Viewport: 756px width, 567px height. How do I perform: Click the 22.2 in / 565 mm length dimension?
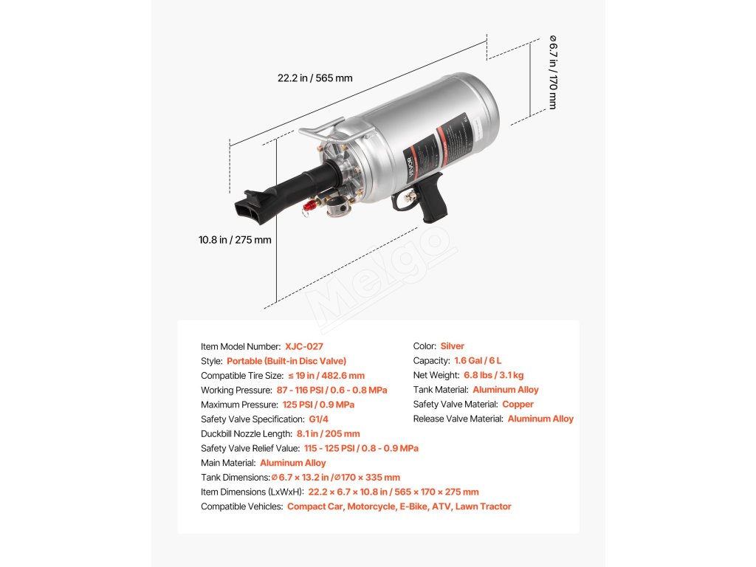click(x=315, y=78)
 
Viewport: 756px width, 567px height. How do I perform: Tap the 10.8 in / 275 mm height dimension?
click(x=235, y=239)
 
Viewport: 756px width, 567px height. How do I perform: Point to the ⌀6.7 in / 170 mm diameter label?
click(x=553, y=72)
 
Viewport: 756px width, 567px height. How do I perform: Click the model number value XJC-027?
click(x=303, y=346)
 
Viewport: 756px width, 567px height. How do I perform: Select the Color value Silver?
click(x=452, y=346)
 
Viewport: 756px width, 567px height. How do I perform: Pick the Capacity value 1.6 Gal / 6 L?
click(x=478, y=361)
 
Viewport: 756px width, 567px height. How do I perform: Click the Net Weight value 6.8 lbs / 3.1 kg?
click(x=494, y=375)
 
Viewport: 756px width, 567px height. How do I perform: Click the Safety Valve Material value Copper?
click(x=518, y=405)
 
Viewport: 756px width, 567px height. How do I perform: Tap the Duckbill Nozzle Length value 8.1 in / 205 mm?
click(x=328, y=434)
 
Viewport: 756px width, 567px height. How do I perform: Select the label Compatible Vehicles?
click(x=241, y=506)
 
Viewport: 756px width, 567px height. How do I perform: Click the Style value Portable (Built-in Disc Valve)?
click(x=286, y=361)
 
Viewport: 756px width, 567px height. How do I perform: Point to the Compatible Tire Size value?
click(x=326, y=376)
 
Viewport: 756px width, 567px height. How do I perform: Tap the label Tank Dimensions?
click(x=236, y=478)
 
